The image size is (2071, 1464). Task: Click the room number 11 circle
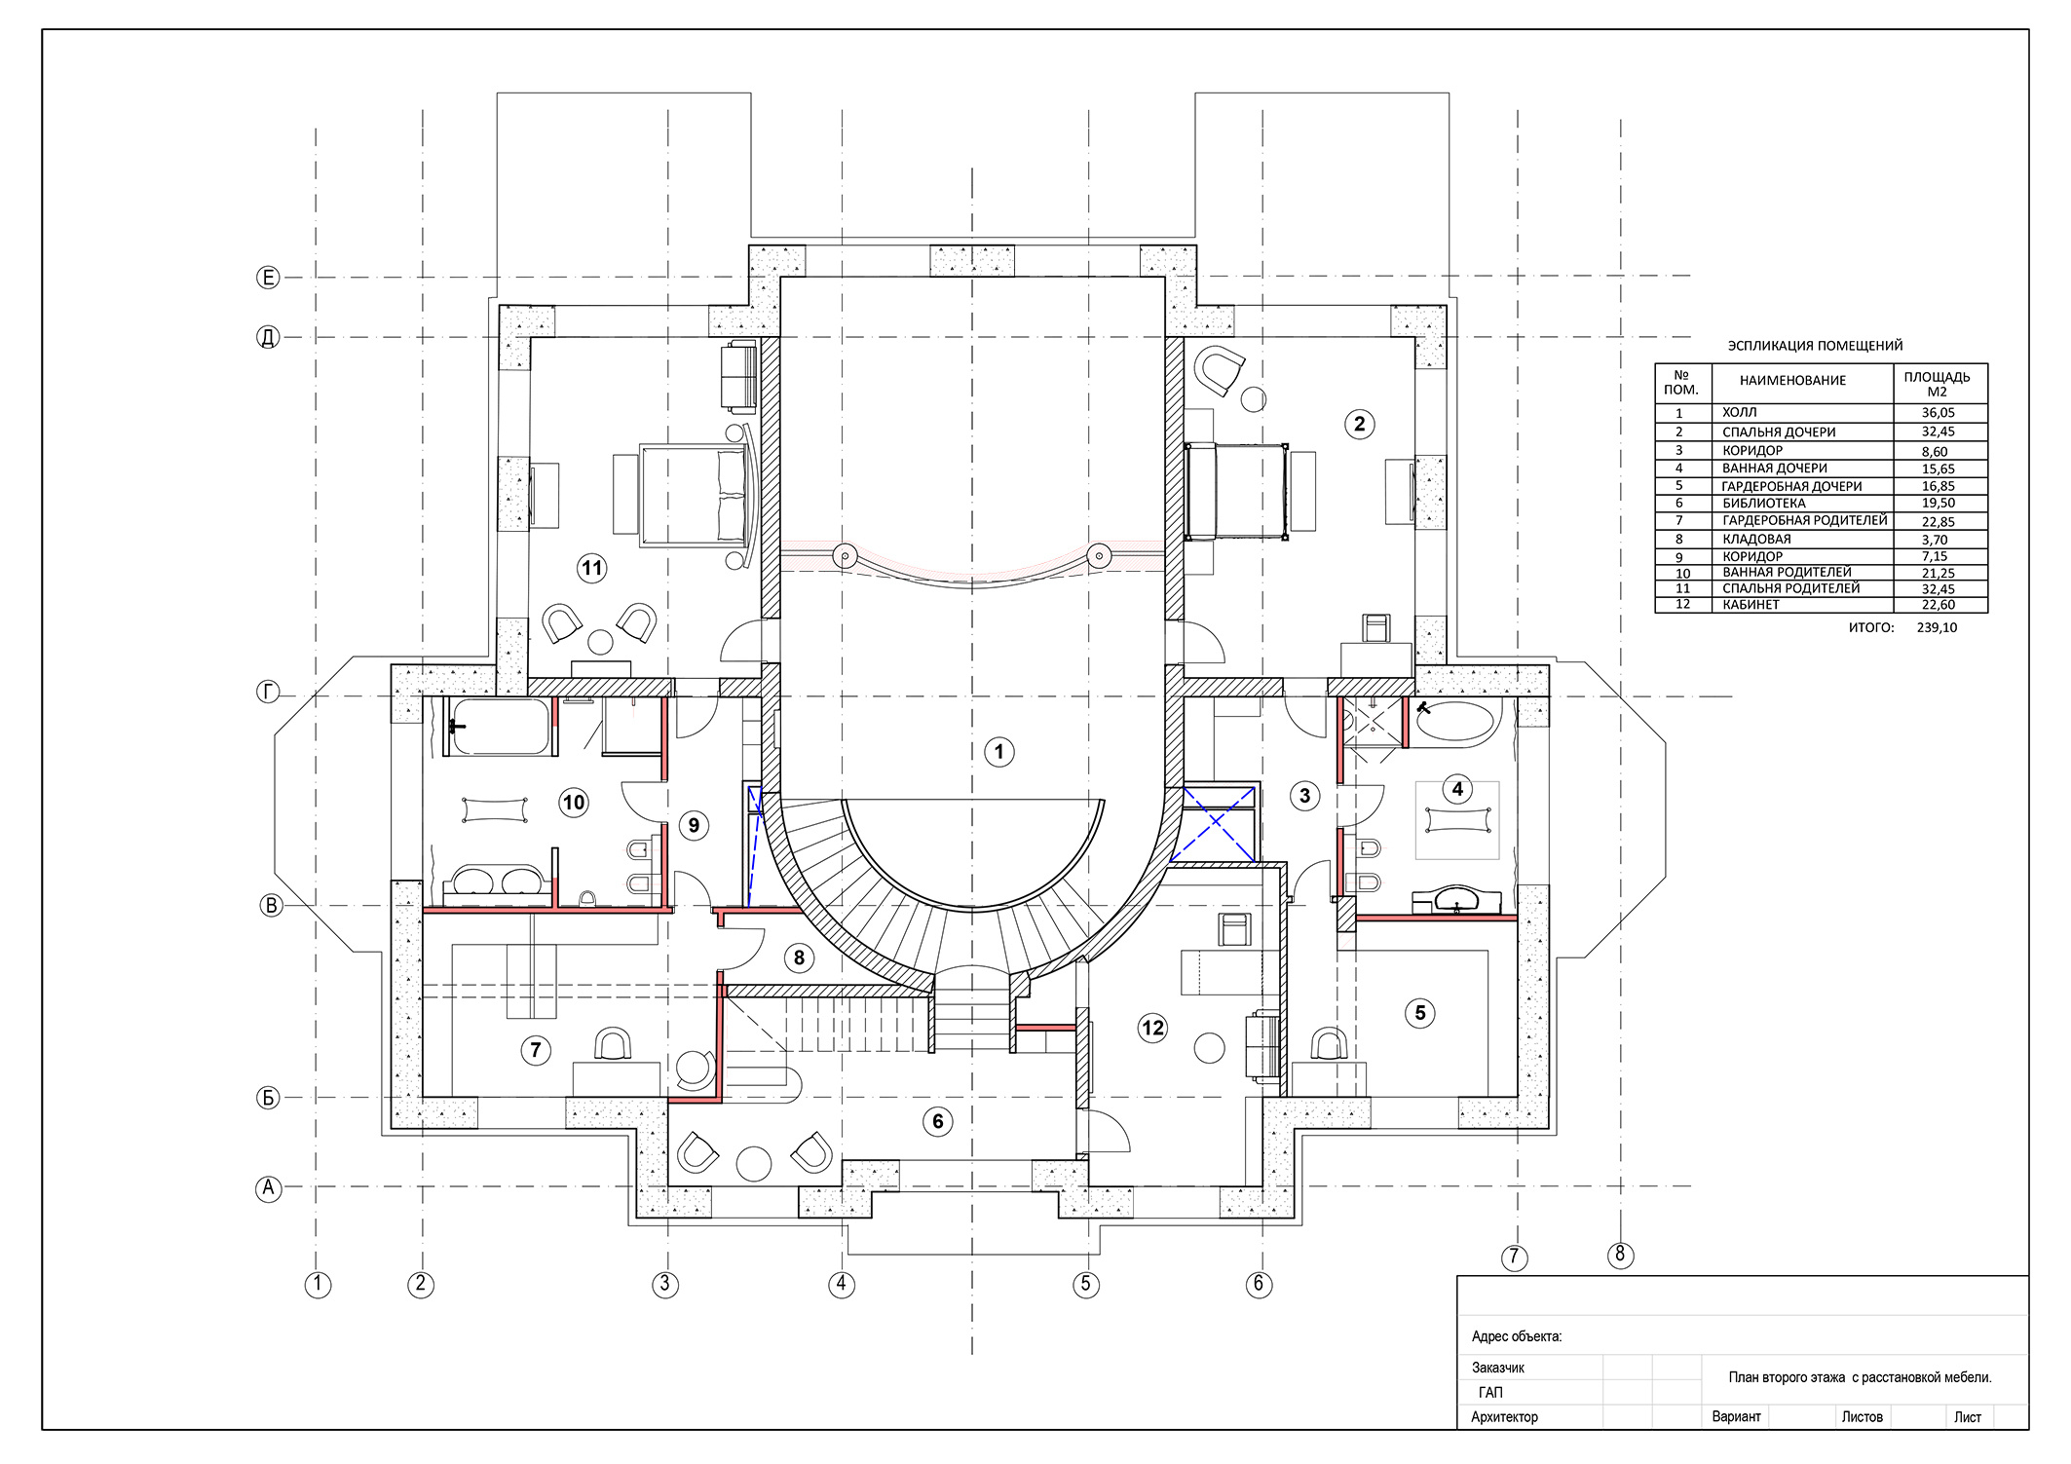click(592, 568)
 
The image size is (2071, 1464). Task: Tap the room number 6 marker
click(937, 1121)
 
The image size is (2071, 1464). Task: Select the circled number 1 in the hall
click(998, 752)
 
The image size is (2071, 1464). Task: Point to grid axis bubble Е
click(268, 278)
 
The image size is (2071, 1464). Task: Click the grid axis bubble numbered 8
click(1620, 1255)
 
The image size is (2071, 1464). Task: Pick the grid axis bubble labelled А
click(268, 1188)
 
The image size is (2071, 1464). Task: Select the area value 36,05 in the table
click(1939, 413)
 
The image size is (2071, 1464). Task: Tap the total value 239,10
click(1937, 628)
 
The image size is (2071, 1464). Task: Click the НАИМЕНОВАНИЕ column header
click(1793, 381)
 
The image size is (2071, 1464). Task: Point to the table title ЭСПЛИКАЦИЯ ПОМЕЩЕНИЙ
click(1815, 346)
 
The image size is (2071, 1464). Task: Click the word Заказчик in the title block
click(1498, 1368)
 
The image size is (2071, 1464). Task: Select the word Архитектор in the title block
click(1504, 1417)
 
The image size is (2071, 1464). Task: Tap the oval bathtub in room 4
click(1453, 723)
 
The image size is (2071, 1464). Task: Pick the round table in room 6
click(754, 1163)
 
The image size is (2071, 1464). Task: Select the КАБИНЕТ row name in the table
click(1751, 605)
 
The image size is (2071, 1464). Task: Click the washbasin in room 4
click(1455, 899)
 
